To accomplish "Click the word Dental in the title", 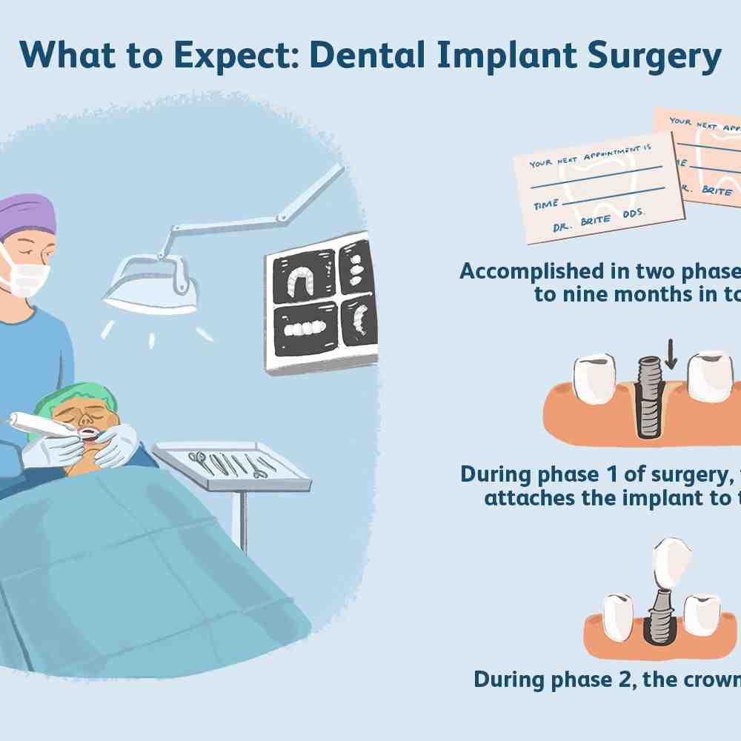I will coord(362,56).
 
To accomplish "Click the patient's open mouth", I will coord(87,431).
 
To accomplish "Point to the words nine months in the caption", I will coord(614,295).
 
